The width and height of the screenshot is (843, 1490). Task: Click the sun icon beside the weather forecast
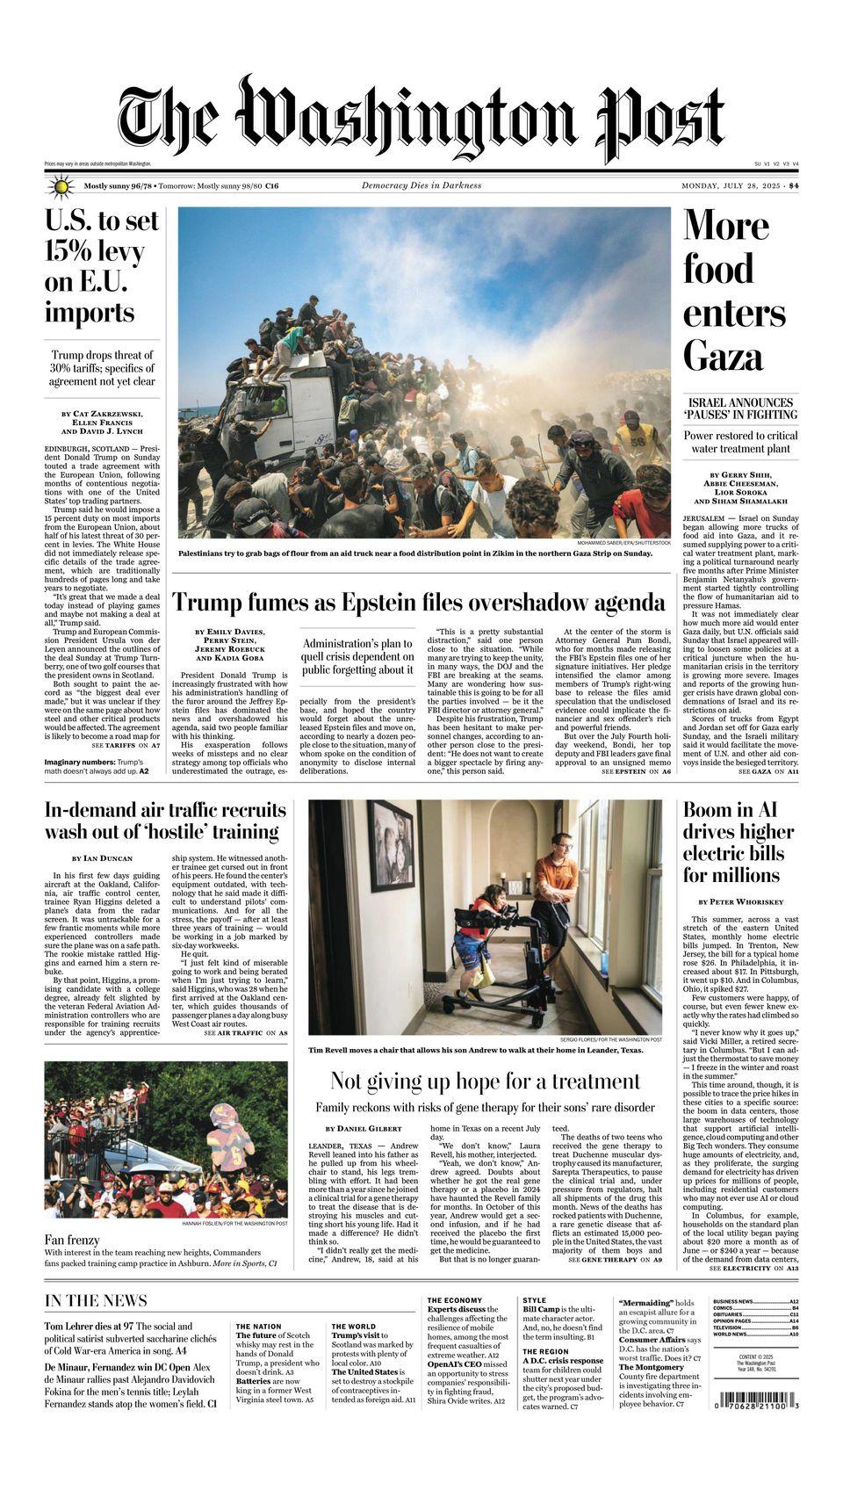60,186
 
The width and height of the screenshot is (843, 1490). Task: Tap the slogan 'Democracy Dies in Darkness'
421,185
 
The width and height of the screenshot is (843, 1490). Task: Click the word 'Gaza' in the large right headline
724,355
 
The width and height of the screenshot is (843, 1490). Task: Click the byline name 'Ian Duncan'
110,857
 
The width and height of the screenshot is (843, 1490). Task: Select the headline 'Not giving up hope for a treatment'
485,1081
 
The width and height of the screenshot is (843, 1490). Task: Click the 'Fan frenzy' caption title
72,1240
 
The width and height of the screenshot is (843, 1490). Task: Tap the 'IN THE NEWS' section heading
97,1300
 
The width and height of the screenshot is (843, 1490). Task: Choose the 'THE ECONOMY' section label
455,1300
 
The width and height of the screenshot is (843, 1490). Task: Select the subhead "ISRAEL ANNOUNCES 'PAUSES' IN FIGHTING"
741,408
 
